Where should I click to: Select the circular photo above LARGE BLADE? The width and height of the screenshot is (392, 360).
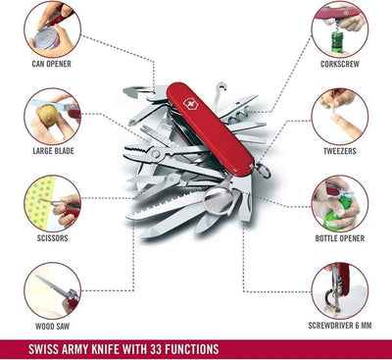(52, 116)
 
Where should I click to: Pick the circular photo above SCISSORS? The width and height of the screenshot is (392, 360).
(52, 200)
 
